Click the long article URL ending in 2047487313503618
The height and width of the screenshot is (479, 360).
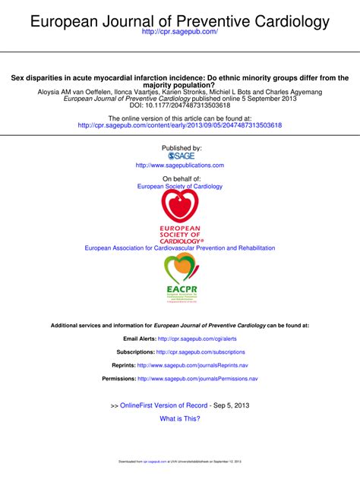pyautogui.click(x=180, y=125)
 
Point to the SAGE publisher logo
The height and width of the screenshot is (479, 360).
pyautogui.click(x=180, y=155)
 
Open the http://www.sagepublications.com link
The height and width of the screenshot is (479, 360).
pyautogui.click(x=180, y=165)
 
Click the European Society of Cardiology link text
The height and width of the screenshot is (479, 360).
pyautogui.click(x=180, y=186)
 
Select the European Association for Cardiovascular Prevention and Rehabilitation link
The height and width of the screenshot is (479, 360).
pyautogui.click(x=180, y=248)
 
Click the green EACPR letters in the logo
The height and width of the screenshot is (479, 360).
pyautogui.click(x=180, y=290)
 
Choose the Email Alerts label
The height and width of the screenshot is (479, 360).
pyautogui.click(x=139, y=339)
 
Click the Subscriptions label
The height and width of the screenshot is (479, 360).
pyautogui.click(x=135, y=352)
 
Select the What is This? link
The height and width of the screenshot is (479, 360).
pyautogui.click(x=180, y=418)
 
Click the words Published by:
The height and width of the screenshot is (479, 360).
pyautogui.click(x=180, y=147)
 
